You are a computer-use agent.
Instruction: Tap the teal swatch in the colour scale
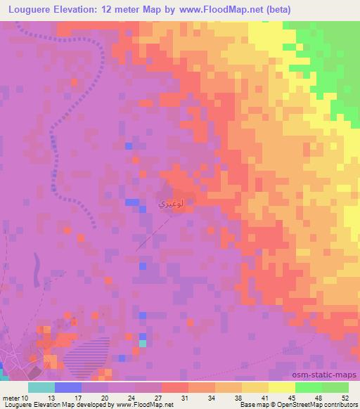pos(41,387)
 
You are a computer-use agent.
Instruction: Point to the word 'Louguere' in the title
pos(32,10)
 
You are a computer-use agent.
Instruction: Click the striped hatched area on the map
pos(88,355)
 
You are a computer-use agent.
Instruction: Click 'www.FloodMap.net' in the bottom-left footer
pos(143,404)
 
